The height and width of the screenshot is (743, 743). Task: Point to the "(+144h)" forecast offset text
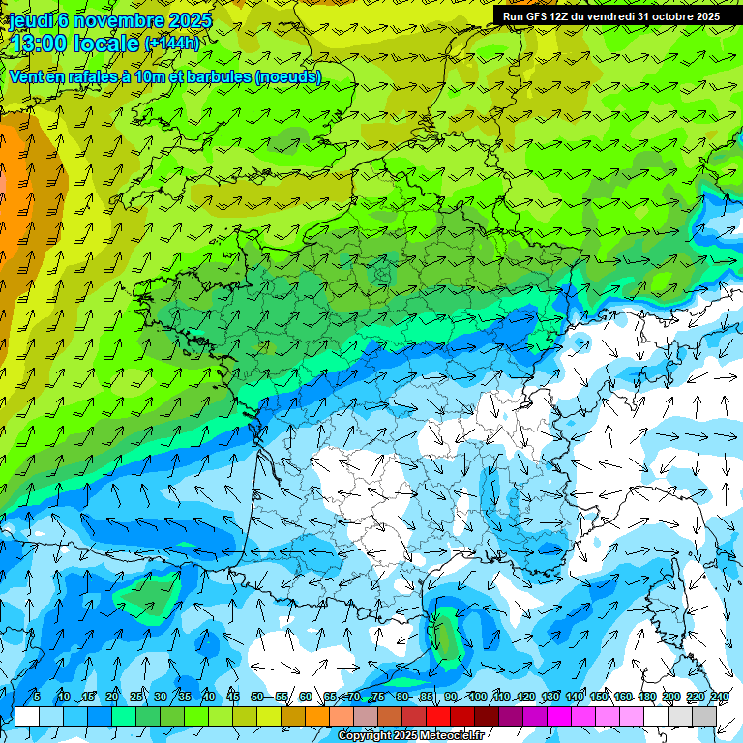pyautogui.click(x=172, y=44)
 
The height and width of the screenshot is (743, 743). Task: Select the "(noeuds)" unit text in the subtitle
pyautogui.click(x=287, y=76)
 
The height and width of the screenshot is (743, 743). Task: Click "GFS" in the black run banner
pyautogui.click(x=535, y=16)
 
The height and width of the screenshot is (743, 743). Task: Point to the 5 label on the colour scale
pyautogui.click(x=36, y=697)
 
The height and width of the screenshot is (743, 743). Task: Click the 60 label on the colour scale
pyautogui.click(x=306, y=697)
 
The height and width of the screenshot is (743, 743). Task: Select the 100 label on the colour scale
pyautogui.click(x=478, y=697)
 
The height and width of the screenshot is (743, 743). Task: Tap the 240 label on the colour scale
pyautogui.click(x=720, y=697)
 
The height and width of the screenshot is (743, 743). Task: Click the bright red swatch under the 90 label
pyautogui.click(x=438, y=716)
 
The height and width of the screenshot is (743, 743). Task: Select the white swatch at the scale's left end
pyautogui.click(x=27, y=716)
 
